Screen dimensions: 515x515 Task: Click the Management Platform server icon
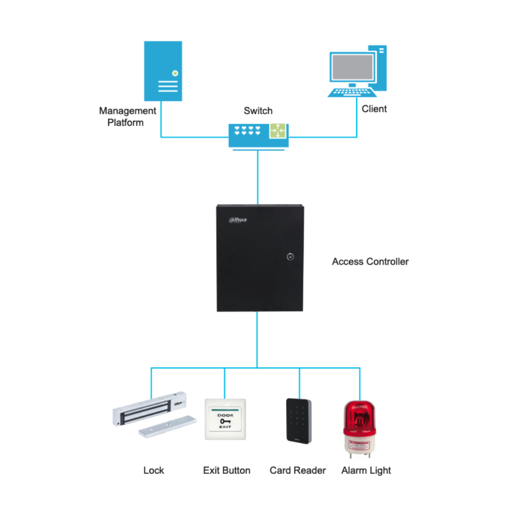(163, 71)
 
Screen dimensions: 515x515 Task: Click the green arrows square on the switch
(277, 131)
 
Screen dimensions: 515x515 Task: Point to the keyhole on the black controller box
(290, 256)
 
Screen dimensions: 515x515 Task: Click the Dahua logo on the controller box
(238, 219)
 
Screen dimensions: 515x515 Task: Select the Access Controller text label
(370, 262)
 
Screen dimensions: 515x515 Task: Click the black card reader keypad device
(298, 420)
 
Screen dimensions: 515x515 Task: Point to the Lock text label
(153, 471)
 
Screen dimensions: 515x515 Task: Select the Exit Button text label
(226, 471)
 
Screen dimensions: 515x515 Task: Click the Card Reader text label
(298, 471)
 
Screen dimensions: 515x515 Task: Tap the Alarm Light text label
(366, 471)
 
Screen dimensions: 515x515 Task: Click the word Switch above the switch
(258, 111)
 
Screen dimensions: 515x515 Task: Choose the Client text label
(374, 109)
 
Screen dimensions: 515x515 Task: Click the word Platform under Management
(126, 122)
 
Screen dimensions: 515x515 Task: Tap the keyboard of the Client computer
(352, 92)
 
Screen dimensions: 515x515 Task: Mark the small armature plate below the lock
(167, 426)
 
